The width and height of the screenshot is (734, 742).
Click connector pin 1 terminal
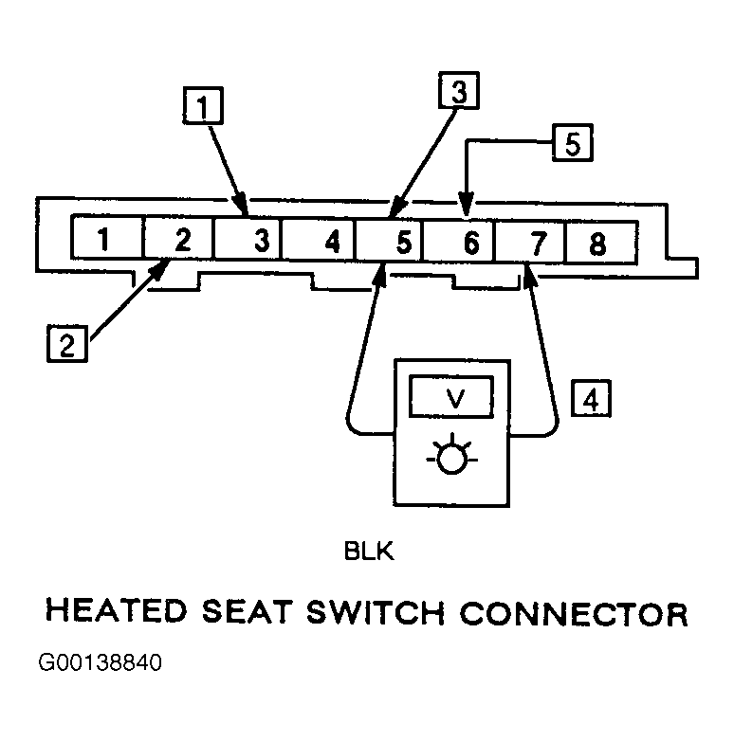point(107,237)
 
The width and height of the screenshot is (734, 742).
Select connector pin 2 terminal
point(178,238)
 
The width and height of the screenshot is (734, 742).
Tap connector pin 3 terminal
point(248,238)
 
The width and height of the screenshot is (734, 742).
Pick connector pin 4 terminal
point(320,240)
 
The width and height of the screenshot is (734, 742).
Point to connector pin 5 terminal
point(389,240)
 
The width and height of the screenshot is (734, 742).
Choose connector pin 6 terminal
point(458,241)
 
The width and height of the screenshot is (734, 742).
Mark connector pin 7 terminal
point(530,242)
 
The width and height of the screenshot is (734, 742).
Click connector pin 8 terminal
point(602,243)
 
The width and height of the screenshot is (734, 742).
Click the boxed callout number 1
point(203,105)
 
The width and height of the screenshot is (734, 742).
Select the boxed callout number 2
point(67,343)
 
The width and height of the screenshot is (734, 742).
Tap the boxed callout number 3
point(459,90)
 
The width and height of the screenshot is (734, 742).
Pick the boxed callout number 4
point(591,398)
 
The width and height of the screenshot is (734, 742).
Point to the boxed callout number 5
point(573,142)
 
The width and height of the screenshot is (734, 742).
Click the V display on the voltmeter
point(451,396)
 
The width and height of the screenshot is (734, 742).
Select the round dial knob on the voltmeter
point(451,460)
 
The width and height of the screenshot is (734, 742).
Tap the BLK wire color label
point(369,552)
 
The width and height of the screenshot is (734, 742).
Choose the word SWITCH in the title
point(375,613)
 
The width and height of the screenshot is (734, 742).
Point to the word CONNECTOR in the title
point(574,614)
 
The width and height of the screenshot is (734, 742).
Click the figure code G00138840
point(100,662)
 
